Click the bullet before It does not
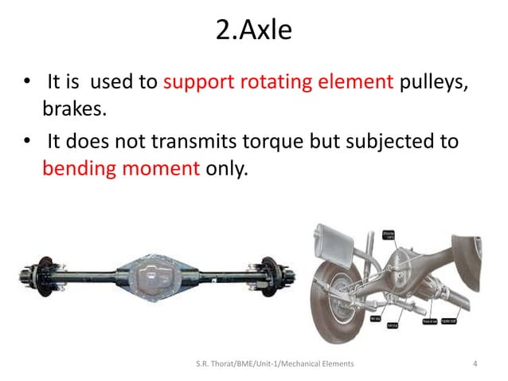[29, 143]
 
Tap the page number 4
[475, 364]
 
